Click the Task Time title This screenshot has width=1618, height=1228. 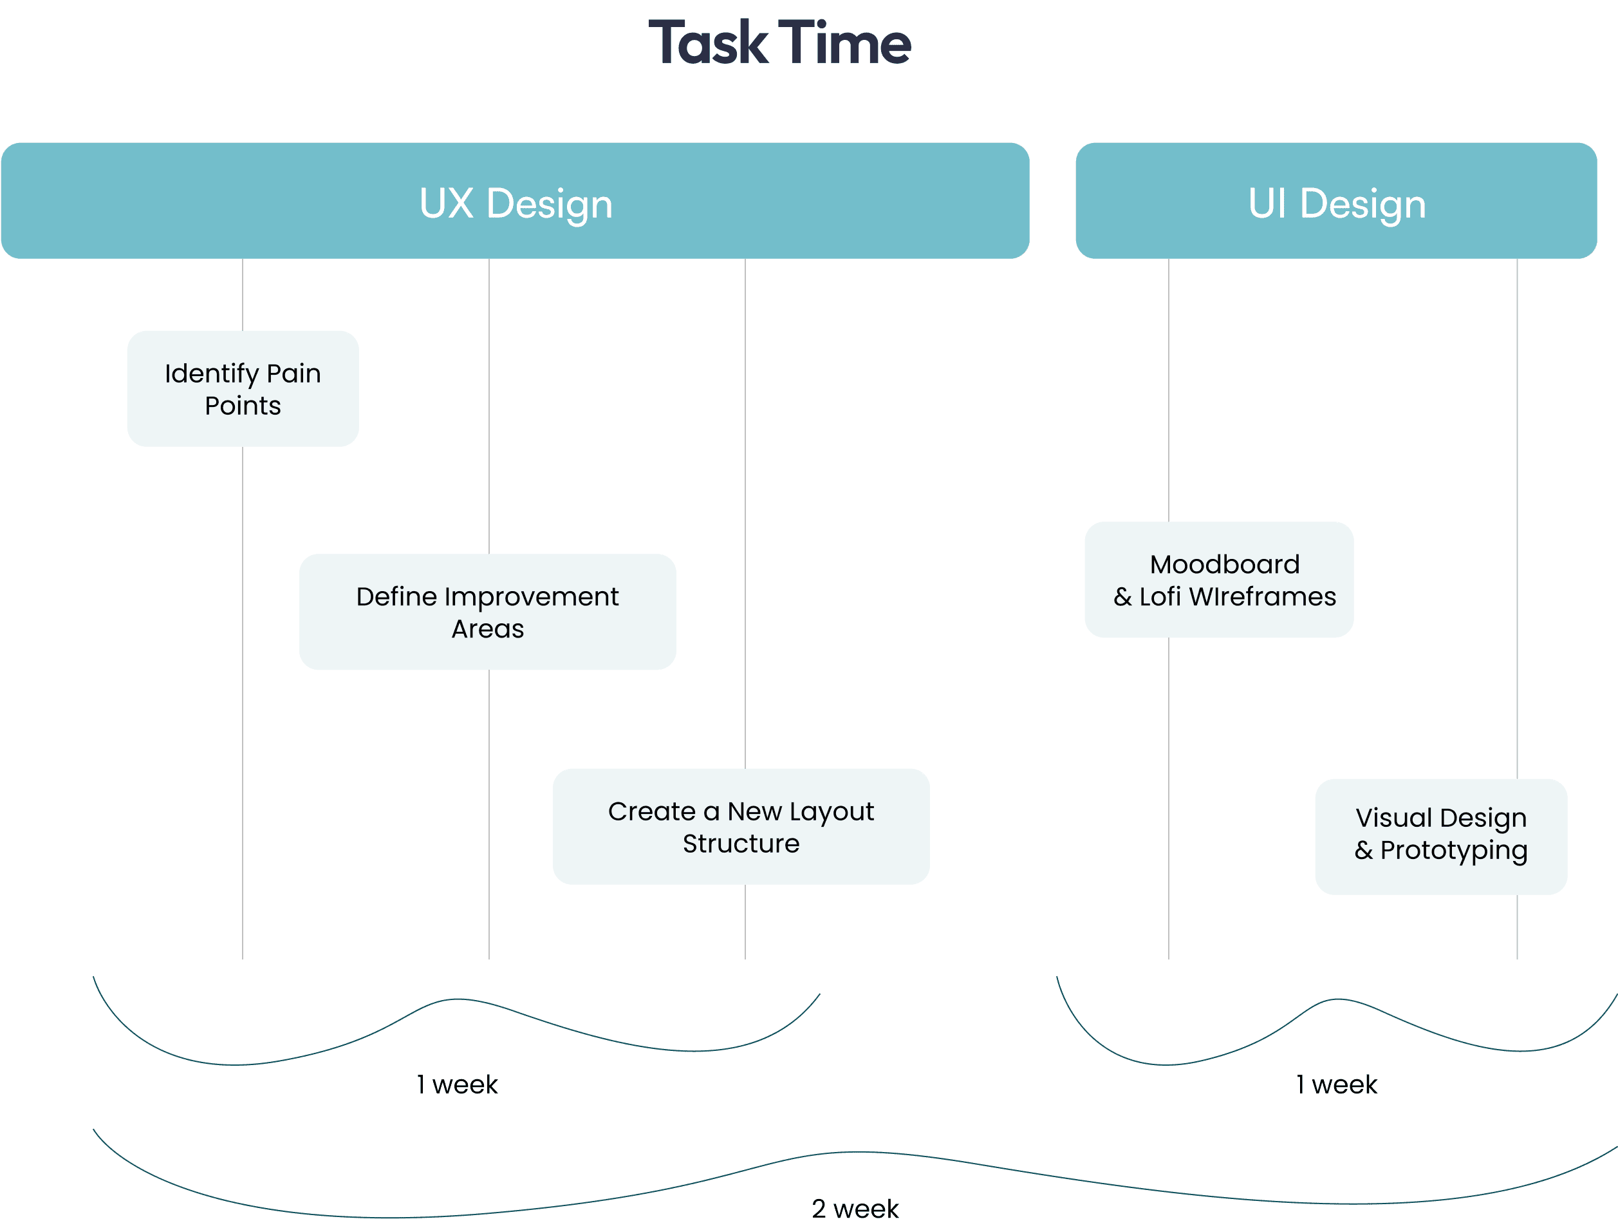pyautogui.click(x=780, y=43)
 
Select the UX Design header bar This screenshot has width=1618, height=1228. pyautogui.click(x=515, y=202)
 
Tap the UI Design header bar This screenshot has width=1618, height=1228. pyautogui.click(x=1335, y=202)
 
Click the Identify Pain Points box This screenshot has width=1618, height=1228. pyautogui.click(x=242, y=388)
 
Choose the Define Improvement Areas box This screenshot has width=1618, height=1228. pyautogui.click(x=487, y=612)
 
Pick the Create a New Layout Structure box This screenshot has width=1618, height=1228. pyautogui.click(x=740, y=826)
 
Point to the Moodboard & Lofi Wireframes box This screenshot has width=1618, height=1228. pyautogui.click(x=1218, y=580)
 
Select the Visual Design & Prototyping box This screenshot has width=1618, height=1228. pyautogui.click(x=1440, y=836)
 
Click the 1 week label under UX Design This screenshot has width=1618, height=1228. pyautogui.click(x=457, y=1084)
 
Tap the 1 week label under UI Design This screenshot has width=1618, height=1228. pyautogui.click(x=1336, y=1084)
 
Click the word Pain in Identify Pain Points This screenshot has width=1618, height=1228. pyautogui.click(x=293, y=373)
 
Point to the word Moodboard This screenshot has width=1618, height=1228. pyautogui.click(x=1225, y=564)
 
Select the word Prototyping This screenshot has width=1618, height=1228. pyautogui.click(x=1453, y=851)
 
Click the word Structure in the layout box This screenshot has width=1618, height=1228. pyautogui.click(x=740, y=844)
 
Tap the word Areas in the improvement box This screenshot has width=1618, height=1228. pyautogui.click(x=487, y=628)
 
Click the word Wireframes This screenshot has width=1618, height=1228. pyautogui.click(x=1262, y=596)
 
